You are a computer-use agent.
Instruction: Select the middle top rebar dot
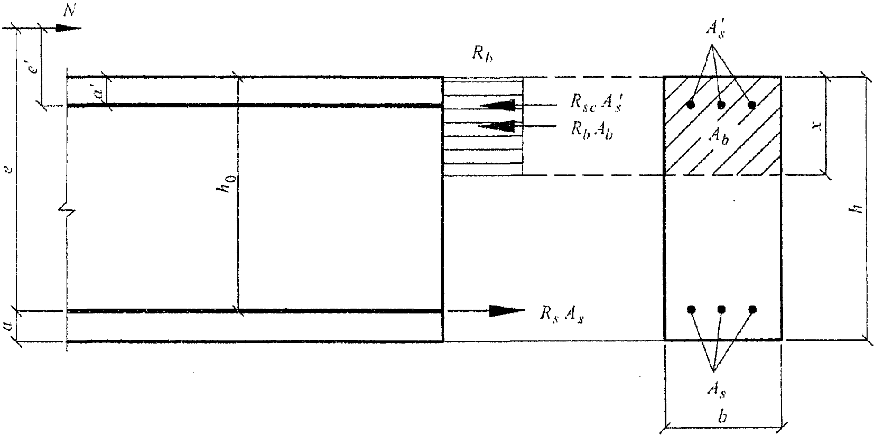[721, 105]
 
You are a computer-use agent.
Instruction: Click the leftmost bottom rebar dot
[690, 309]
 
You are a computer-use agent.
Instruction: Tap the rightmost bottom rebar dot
[752, 309]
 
